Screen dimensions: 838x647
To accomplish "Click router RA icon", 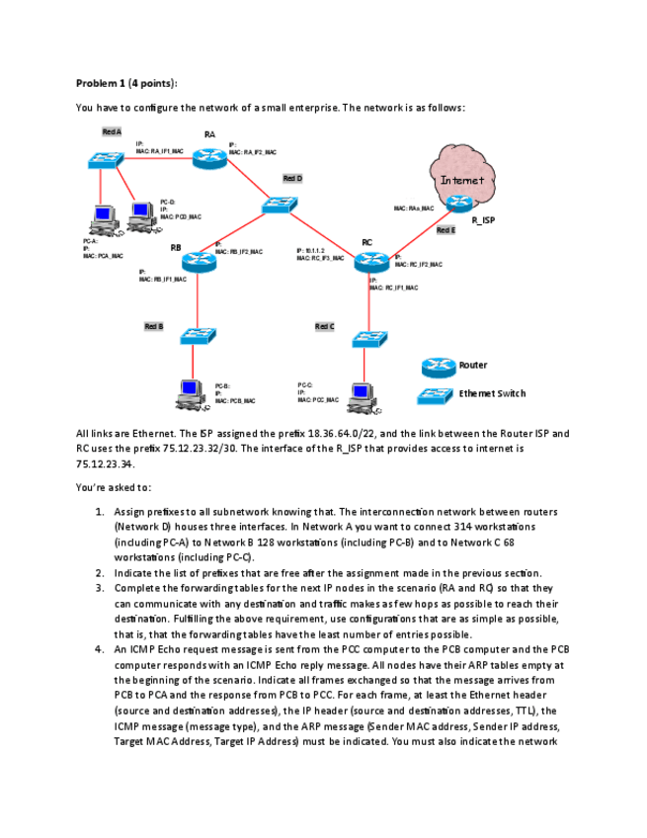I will (210, 157).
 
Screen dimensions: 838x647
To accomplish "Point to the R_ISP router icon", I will (458, 204).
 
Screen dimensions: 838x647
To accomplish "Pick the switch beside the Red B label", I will (198, 336).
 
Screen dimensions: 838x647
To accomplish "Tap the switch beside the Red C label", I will (367, 339).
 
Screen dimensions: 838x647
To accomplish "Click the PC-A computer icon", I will (102, 217).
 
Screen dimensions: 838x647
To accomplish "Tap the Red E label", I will (445, 230).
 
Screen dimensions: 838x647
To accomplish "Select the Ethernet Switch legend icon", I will (436, 395).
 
